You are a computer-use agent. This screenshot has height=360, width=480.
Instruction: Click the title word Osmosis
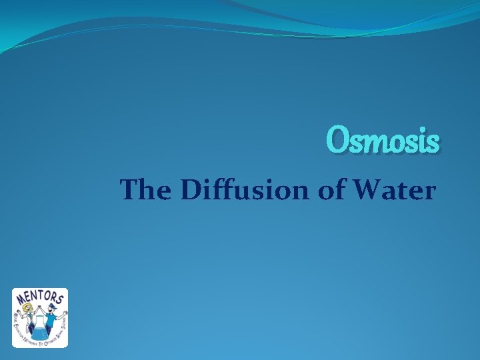point(383,141)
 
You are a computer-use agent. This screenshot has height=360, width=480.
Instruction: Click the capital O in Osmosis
point(337,141)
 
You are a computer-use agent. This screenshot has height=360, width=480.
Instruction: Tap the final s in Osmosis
point(433,143)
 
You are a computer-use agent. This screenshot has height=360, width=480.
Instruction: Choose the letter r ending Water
point(429,193)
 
